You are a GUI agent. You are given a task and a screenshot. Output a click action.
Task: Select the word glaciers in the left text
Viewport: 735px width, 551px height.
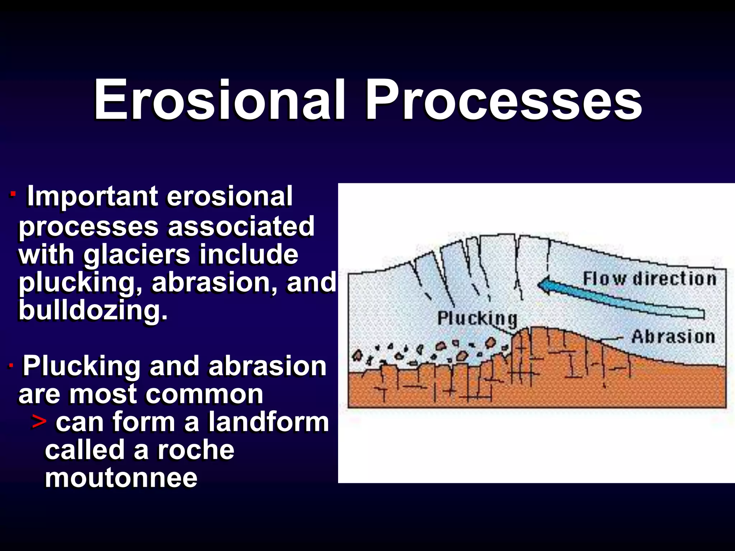click(137, 254)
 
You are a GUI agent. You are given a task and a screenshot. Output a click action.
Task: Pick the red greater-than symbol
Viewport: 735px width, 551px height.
click(39, 422)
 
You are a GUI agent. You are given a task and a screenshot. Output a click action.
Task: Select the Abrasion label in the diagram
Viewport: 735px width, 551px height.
click(673, 337)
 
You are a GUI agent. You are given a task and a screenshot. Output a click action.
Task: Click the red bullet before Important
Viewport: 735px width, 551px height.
click(13, 194)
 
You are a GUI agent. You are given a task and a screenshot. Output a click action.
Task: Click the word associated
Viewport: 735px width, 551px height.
click(241, 226)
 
